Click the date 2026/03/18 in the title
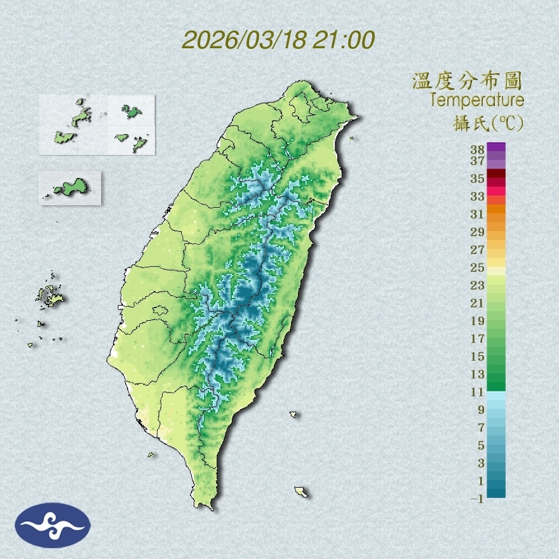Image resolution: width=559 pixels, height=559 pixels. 243,39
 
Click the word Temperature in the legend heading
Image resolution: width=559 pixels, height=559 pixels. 476,100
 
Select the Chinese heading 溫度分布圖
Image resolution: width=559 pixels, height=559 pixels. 468,81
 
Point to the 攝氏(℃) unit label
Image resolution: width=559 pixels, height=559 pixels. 484,121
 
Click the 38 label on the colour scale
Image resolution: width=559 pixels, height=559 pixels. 478,150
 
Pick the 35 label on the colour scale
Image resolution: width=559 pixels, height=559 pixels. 478,178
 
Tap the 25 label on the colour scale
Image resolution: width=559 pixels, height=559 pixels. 478,267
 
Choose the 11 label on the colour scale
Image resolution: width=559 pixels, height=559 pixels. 478,392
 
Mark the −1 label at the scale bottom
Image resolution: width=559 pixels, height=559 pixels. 477,499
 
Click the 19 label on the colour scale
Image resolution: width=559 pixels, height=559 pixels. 478,320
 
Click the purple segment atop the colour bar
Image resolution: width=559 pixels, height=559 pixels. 496,147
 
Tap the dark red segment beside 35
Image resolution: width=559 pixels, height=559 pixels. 496,174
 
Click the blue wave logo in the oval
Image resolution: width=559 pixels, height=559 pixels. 52,525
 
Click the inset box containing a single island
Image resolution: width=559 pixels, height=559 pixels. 70,187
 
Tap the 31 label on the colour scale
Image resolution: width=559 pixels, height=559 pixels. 478,213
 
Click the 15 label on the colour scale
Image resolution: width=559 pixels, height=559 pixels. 478,356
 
